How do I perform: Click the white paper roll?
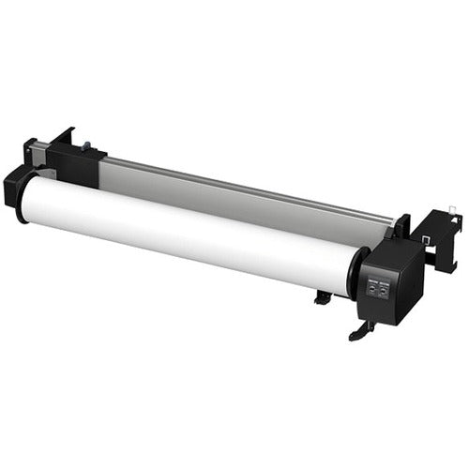pyautogui.click(x=188, y=230)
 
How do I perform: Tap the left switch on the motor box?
pyautogui.click(x=372, y=292)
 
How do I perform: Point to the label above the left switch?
pyautogui.click(x=372, y=280)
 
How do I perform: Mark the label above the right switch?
pyautogui.click(x=385, y=277)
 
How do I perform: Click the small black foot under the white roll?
pyautogui.click(x=322, y=297)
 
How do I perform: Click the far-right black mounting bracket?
pyautogui.click(x=436, y=234)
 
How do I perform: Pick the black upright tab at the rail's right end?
pyautogui.click(x=402, y=225)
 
